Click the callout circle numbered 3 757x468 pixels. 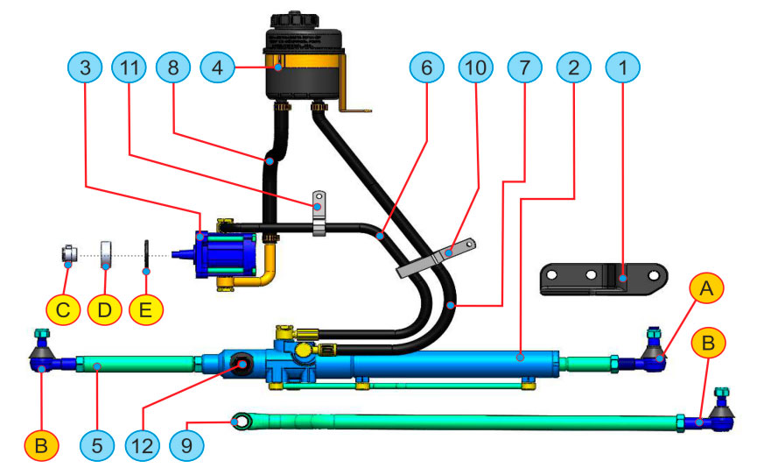pyautogui.click(x=85, y=68)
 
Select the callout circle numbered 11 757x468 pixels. pyautogui.click(x=129, y=68)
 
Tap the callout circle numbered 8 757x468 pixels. pyautogui.click(x=172, y=68)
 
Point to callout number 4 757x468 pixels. pyautogui.click(x=217, y=67)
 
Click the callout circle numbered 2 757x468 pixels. pyautogui.click(x=573, y=68)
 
